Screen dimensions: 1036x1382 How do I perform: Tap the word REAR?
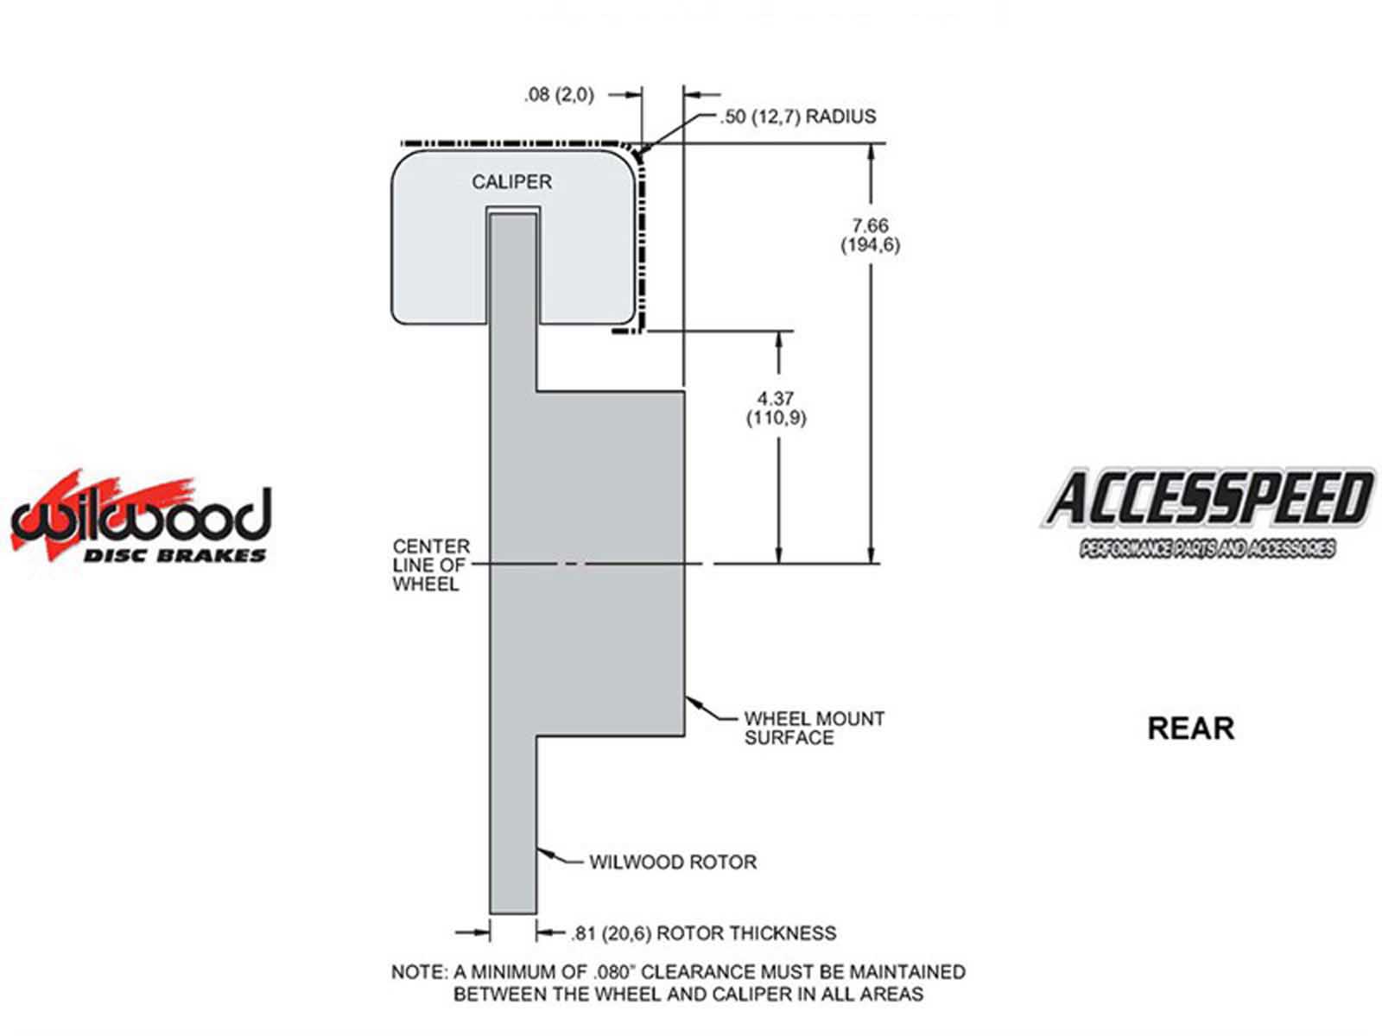[x=1190, y=729]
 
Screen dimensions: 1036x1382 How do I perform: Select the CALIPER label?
[x=511, y=182]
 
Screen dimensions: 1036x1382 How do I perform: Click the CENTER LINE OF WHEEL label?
[x=431, y=565]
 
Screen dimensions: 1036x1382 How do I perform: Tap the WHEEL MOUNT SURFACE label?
[x=814, y=728]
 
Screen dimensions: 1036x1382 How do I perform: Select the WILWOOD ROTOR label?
[x=673, y=862]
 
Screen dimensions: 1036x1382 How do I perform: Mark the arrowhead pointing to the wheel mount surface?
[x=692, y=702]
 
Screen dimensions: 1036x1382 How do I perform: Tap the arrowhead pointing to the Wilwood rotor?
[x=542, y=852]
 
